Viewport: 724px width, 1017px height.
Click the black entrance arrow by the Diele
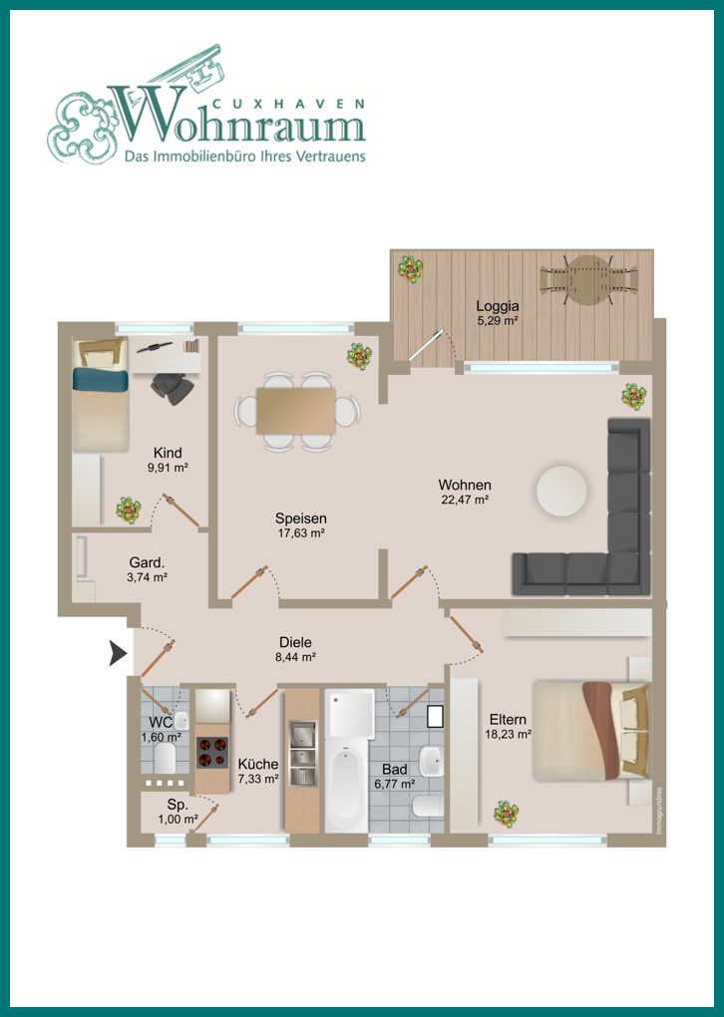[118, 653]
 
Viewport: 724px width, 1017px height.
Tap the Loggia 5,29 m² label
[498, 313]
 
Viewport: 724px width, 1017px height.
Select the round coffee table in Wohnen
[561, 491]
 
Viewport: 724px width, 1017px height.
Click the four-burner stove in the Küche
[212, 753]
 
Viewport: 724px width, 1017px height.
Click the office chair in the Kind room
[173, 388]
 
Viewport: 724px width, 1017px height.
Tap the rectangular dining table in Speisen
[296, 411]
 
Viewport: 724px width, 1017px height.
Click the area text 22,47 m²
[463, 500]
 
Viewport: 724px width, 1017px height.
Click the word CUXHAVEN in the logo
[288, 103]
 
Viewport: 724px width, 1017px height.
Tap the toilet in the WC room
[165, 757]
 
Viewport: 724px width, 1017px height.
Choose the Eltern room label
[508, 719]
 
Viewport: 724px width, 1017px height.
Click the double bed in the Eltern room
[590, 730]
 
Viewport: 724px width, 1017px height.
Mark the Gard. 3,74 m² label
[149, 568]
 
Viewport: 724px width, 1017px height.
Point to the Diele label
[295, 642]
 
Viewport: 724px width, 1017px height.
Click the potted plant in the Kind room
[129, 509]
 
